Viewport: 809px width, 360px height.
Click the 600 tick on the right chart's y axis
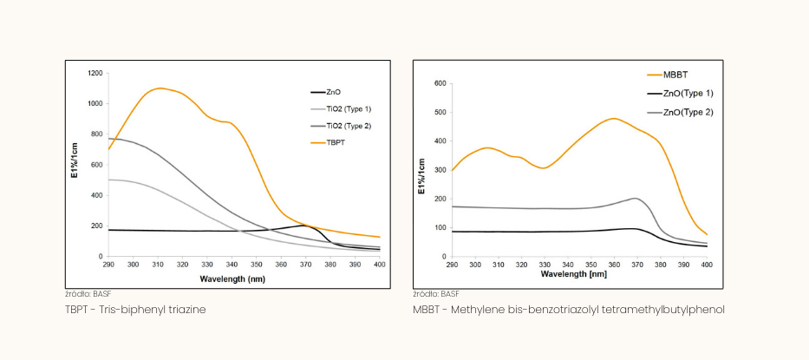(440, 84)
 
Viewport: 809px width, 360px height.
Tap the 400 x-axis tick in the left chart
(379, 264)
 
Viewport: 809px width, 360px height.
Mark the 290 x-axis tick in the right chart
(452, 264)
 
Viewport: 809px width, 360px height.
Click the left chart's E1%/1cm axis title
(75, 165)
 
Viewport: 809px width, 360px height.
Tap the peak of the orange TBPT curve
(160, 88)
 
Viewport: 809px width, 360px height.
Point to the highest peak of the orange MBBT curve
(614, 118)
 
